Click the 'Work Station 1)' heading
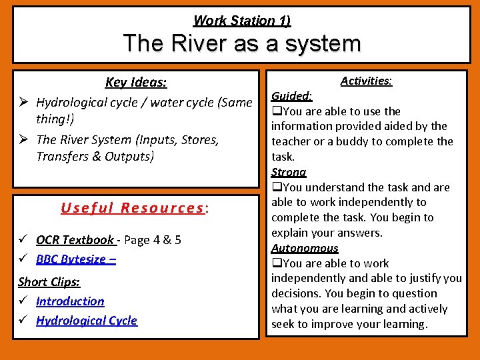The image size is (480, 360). pyautogui.click(x=241, y=21)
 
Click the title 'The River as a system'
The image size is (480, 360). pyautogui.click(x=241, y=44)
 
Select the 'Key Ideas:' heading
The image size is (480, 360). pyautogui.click(x=136, y=83)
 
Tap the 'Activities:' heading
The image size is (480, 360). pyautogui.click(x=366, y=81)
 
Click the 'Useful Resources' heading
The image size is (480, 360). pyautogui.click(x=132, y=207)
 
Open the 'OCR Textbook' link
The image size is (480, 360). pyautogui.click(x=75, y=240)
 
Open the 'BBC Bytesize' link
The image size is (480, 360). pyautogui.click(x=75, y=259)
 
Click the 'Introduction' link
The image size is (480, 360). pyautogui.click(x=70, y=301)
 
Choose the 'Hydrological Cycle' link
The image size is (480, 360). pyautogui.click(x=86, y=321)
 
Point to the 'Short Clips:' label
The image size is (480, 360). pyautogui.click(x=49, y=281)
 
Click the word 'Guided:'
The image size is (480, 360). pyautogui.click(x=292, y=96)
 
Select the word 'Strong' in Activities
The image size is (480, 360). pyautogui.click(x=288, y=172)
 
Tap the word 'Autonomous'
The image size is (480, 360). pyautogui.click(x=305, y=248)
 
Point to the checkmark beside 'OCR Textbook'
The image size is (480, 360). pyautogui.click(x=23, y=240)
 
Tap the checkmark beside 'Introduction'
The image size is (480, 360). pyautogui.click(x=23, y=301)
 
